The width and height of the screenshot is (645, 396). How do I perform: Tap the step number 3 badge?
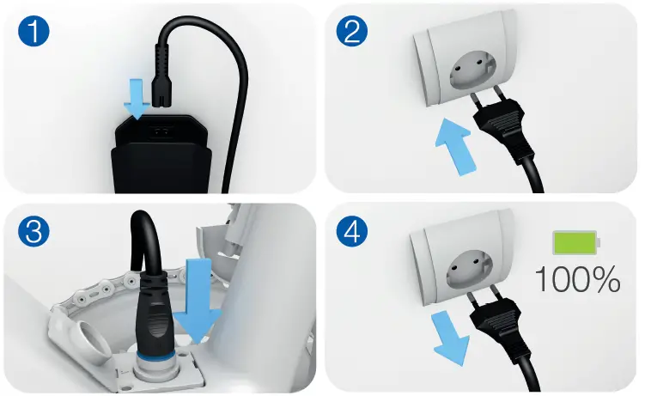pos(32,232)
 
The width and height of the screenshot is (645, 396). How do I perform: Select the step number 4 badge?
pos(353,232)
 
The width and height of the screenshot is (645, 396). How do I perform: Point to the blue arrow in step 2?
pos(453,145)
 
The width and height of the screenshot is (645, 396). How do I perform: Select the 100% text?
pos(577,278)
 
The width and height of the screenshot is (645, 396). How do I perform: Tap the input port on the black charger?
pos(162,131)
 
